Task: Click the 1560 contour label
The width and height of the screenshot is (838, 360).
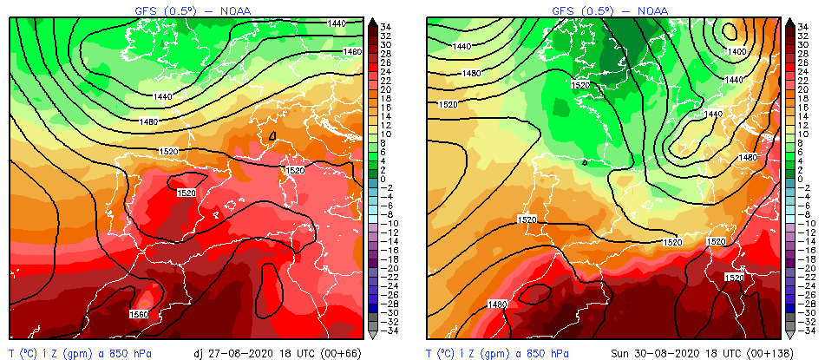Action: point(138,313)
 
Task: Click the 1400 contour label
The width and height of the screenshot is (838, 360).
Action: point(737,52)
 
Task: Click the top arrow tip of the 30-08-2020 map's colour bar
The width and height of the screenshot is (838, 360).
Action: point(790,20)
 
